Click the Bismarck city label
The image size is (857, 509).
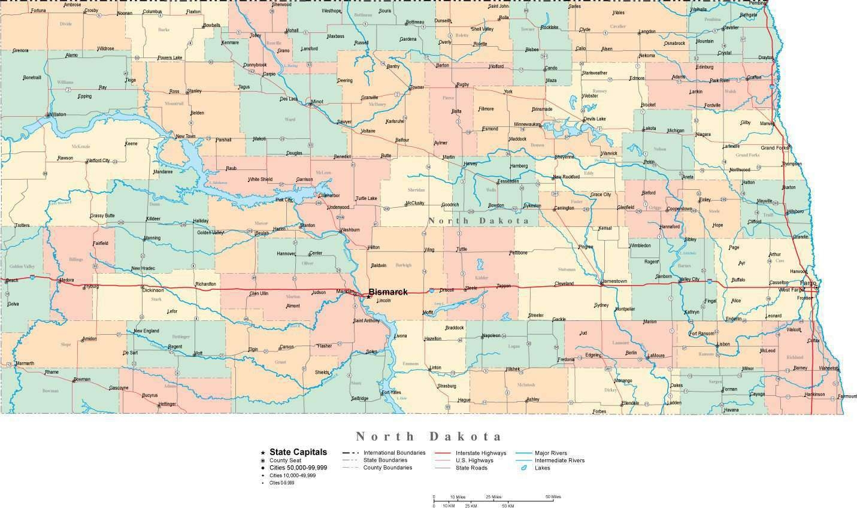tap(387, 292)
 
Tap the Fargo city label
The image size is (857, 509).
tap(808, 283)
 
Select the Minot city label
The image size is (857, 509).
tap(317, 102)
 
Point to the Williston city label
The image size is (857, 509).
tap(57, 114)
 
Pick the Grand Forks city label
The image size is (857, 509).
tap(774, 147)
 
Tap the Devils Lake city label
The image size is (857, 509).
tap(595, 119)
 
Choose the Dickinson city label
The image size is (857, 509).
tap(153, 290)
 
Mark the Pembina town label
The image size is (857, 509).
tap(757, 3)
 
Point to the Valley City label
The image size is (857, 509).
tap(689, 280)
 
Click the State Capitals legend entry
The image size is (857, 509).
tap(298, 452)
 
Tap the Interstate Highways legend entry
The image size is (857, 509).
tap(480, 453)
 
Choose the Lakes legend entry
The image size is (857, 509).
tap(543, 468)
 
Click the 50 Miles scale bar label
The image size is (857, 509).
tap(553, 497)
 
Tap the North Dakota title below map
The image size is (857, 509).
tap(428, 436)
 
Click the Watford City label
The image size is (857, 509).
tap(98, 160)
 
